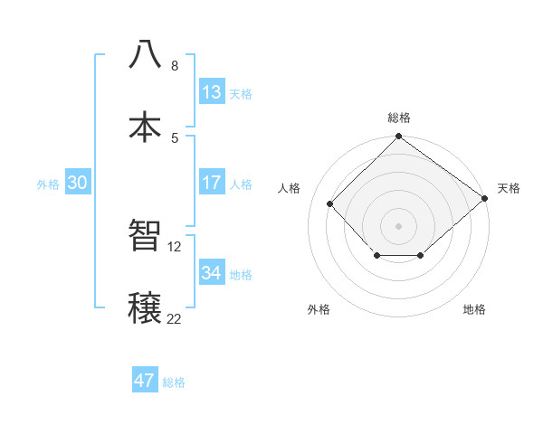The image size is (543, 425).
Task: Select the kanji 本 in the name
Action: tap(145, 126)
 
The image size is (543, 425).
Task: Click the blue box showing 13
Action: tap(212, 92)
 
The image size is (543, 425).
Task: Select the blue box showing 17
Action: tap(212, 183)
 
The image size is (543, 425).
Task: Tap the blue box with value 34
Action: tap(212, 273)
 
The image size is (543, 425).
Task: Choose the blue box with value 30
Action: tap(77, 183)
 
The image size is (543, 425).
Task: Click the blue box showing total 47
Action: tap(145, 381)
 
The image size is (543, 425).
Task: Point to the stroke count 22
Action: tap(174, 317)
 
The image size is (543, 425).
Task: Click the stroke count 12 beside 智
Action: tap(176, 246)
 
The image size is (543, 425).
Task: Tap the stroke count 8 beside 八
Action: tap(175, 65)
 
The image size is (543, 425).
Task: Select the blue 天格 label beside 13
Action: tap(241, 93)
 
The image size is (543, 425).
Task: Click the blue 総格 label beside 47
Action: tap(174, 382)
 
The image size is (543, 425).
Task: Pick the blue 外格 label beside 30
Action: tap(48, 184)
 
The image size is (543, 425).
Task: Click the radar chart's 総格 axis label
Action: tap(398, 118)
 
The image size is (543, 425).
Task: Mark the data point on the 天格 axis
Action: tap(484, 198)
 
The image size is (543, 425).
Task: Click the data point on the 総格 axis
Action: tap(398, 137)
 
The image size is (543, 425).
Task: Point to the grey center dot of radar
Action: tap(398, 225)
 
